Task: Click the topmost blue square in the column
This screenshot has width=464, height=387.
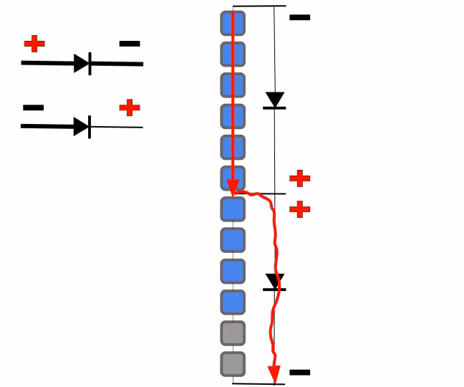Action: point(233,23)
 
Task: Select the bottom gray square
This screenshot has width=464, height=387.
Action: point(233,364)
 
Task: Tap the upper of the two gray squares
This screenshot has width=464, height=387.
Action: point(233,333)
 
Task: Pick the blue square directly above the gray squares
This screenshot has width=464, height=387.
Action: point(233,302)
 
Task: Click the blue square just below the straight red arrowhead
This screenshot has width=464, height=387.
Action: point(233,209)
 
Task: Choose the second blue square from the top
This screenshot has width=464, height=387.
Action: point(233,54)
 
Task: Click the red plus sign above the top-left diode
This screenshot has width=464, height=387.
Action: point(34,44)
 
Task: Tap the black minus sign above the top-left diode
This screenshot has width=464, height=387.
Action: point(130,44)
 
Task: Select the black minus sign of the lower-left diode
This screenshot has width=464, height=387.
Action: point(33,108)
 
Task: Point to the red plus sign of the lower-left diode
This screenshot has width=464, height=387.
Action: point(130,108)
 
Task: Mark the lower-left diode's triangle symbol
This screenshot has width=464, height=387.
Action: point(82,127)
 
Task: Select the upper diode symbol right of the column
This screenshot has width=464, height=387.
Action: point(275,100)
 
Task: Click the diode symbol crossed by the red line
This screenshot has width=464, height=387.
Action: point(274,282)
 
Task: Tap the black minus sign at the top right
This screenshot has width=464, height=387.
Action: point(299,17)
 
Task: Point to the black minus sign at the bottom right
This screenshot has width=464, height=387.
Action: point(299,373)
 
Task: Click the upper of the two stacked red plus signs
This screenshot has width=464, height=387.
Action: point(299,178)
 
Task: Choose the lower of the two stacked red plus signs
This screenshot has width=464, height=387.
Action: point(299,209)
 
